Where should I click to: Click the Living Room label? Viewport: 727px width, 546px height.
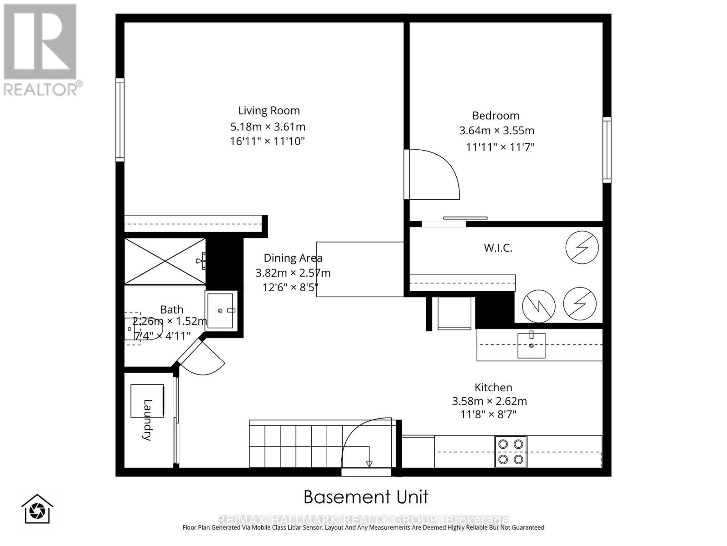269,111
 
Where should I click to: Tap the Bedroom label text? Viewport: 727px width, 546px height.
495,116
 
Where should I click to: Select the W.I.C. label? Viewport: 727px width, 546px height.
498,248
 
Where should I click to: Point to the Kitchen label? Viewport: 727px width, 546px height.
493,388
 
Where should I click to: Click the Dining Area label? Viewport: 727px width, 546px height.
293,258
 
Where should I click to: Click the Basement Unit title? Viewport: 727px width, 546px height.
366,497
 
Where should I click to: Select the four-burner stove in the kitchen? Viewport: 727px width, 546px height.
511,451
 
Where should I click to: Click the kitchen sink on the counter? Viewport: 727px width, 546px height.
531,345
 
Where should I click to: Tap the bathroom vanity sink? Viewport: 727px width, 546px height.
221,310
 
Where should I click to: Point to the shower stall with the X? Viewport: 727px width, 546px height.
164,262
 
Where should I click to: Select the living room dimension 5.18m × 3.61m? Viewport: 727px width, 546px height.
268,126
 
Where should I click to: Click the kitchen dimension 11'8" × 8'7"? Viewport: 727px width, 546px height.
488,415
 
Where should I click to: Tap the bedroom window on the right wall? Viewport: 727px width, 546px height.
607,150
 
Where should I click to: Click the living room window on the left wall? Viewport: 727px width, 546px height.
120,120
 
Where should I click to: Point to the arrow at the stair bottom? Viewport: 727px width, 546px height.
369,463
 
